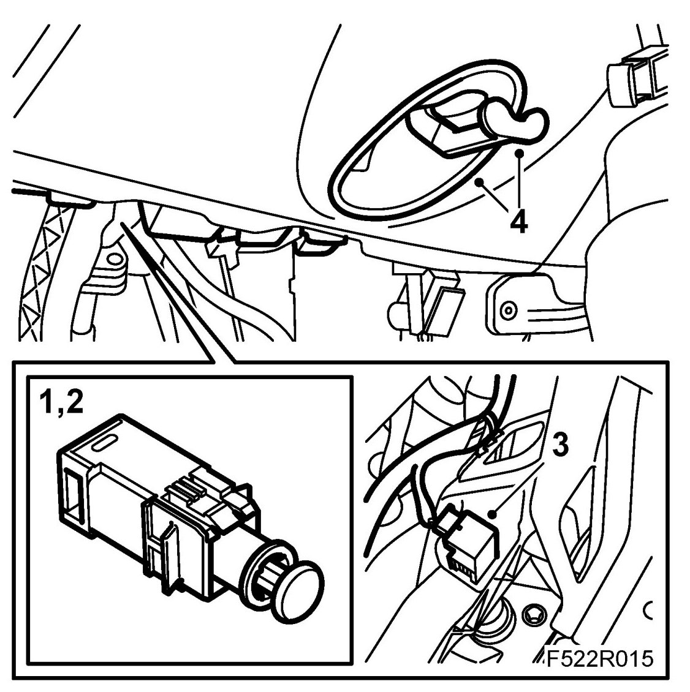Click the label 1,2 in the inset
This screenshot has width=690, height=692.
point(61,402)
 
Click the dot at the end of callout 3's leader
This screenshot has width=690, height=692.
point(493,514)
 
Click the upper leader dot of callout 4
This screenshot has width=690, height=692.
point(520,153)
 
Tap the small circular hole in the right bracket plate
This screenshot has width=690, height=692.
point(509,310)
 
